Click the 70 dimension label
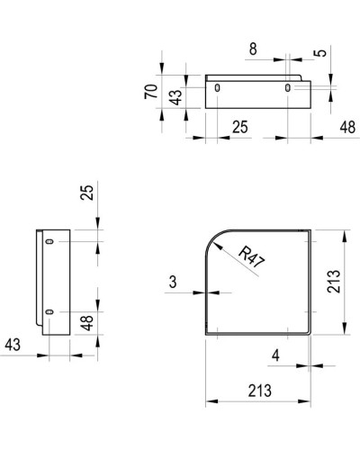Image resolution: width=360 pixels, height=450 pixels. point(154,91)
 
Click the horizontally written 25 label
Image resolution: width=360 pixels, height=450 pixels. point(239,128)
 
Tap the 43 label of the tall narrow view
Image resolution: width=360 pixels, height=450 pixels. point(13,344)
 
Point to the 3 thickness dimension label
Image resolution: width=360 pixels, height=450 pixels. point(172,283)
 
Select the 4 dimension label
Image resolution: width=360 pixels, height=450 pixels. point(275,355)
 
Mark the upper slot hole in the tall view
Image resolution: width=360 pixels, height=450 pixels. point(49,242)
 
